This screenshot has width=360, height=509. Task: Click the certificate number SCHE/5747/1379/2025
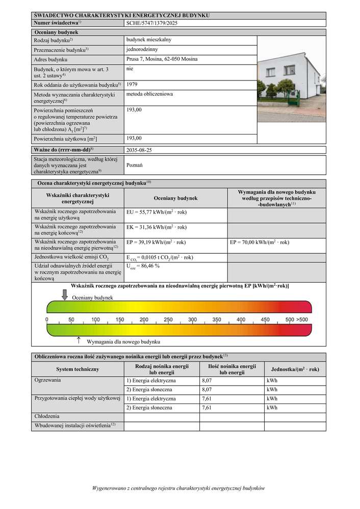[152, 23]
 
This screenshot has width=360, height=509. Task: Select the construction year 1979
[132, 84]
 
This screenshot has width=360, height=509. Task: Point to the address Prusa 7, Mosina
[162, 59]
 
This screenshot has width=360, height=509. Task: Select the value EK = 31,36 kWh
[156, 227]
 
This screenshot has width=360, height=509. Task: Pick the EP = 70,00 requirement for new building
[260, 243]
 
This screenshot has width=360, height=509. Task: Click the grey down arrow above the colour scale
[65, 294]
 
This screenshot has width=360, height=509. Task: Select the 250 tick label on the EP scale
[168, 319]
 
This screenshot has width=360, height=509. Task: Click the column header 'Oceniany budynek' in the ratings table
[175, 199]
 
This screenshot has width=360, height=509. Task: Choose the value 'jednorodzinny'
[142, 49]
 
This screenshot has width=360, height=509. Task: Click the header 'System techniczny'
[78, 369]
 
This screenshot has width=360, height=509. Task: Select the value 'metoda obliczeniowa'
[149, 94]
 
